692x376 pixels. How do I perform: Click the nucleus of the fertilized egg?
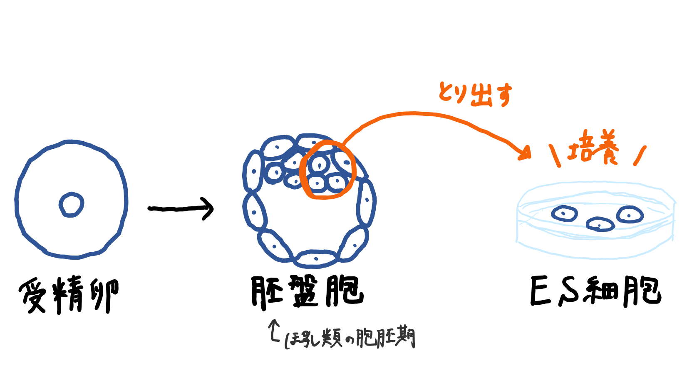(x=71, y=205)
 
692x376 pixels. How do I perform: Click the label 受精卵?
(x=69, y=295)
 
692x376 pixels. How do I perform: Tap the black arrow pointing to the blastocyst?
(x=181, y=208)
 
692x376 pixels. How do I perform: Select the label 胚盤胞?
(x=307, y=292)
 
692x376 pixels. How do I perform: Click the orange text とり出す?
(x=475, y=94)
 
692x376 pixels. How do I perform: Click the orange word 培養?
(x=593, y=148)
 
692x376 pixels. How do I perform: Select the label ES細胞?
(x=595, y=291)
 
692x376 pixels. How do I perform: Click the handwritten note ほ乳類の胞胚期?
(x=350, y=338)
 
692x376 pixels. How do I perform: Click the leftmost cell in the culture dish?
(x=564, y=214)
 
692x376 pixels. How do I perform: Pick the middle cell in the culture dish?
(x=600, y=224)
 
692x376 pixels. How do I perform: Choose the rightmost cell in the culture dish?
(x=630, y=215)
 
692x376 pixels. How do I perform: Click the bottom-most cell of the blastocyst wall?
(x=315, y=258)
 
